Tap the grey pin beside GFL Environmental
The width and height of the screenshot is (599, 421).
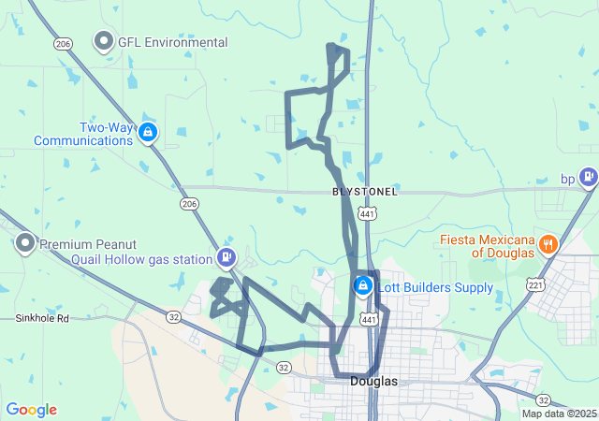[103, 41]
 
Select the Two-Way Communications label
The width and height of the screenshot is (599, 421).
[83, 134]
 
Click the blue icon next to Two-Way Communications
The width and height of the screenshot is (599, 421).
[147, 133]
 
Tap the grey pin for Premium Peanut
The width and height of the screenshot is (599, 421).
[25, 244]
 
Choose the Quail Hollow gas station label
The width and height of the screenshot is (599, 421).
[141, 258]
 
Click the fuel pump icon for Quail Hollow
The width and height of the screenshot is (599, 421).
[226, 256]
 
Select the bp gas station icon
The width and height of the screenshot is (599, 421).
[588, 175]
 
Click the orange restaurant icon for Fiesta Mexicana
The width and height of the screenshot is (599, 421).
[548, 245]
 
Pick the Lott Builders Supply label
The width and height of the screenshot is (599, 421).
[435, 287]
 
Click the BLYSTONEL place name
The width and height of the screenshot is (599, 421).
[365, 192]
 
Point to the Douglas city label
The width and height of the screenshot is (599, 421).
[373, 382]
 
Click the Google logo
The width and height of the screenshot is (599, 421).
[31, 410]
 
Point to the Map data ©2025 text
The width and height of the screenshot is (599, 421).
[558, 414]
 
